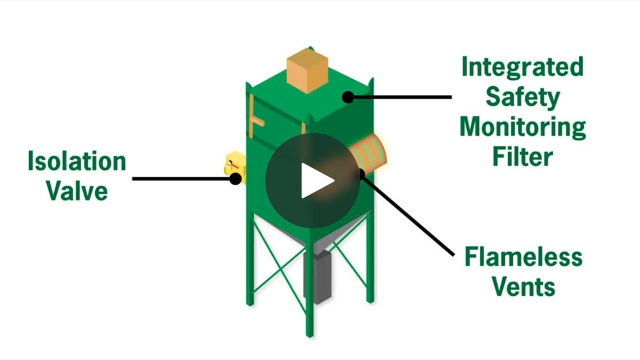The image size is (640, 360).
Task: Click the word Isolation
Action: pyautogui.click(x=76, y=162)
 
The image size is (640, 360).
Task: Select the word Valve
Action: pyautogui.click(x=77, y=190)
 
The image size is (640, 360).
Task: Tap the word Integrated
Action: pyautogui.click(x=522, y=67)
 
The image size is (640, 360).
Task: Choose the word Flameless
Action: pyautogui.click(x=523, y=257)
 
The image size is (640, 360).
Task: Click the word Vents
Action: pyautogui.click(x=523, y=286)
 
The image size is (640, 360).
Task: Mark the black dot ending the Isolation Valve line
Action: pyautogui.click(x=235, y=178)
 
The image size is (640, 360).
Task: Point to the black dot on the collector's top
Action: pyautogui.click(x=348, y=97)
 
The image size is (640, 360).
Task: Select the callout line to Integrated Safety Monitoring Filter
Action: pyautogui.click(x=400, y=97)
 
